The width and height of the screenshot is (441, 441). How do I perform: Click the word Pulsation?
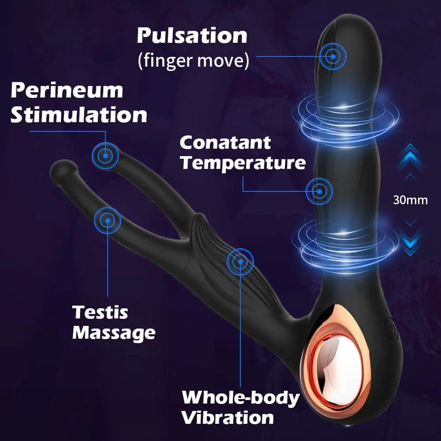point(192,36)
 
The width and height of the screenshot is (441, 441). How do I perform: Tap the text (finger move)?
point(194,60)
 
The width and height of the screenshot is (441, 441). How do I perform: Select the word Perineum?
point(67,91)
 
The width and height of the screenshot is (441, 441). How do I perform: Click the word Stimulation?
point(79,115)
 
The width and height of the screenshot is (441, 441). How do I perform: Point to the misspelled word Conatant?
point(225,142)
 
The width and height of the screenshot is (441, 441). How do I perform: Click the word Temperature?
point(243,163)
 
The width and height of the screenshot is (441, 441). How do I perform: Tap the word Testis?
point(100,312)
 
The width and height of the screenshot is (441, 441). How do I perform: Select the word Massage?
point(114,333)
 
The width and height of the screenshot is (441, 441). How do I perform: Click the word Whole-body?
point(241,398)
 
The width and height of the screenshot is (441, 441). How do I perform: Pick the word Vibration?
point(228,418)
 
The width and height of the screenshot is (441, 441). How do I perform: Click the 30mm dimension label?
point(410,200)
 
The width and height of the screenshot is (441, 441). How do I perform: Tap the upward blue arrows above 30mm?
point(410,161)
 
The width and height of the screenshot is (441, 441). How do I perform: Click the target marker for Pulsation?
point(333,56)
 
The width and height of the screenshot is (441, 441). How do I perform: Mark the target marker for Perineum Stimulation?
point(105,156)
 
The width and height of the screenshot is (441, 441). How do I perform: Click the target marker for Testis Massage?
point(108,220)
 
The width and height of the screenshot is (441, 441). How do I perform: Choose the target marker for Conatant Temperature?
point(319,191)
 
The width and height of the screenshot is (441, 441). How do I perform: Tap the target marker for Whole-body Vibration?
point(240,262)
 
